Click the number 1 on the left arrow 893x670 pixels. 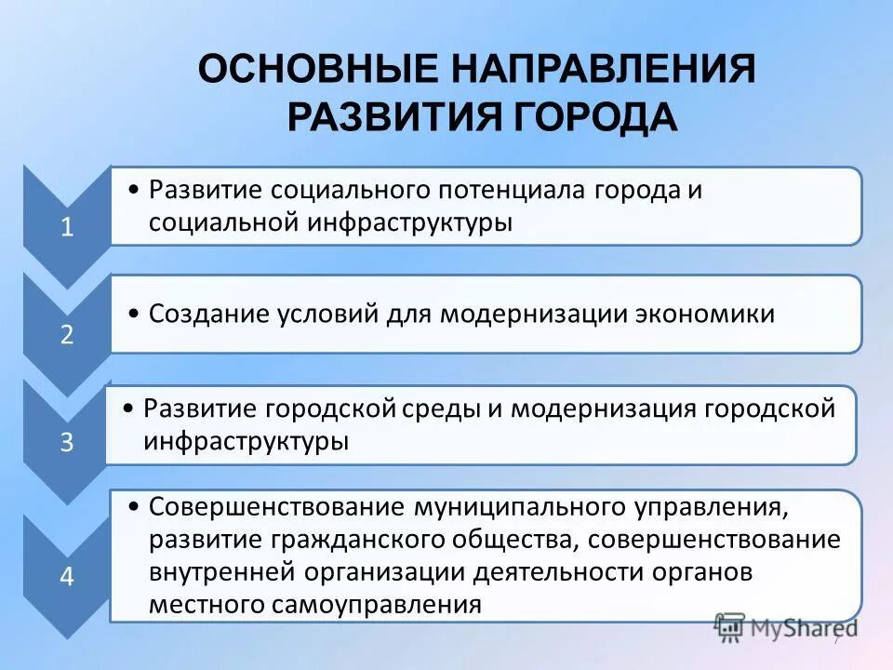point(67,229)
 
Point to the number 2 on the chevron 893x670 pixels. point(67,335)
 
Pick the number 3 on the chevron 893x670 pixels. point(67,442)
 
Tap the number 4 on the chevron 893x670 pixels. point(67,576)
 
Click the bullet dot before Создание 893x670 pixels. point(135,315)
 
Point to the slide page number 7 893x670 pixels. point(835,640)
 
